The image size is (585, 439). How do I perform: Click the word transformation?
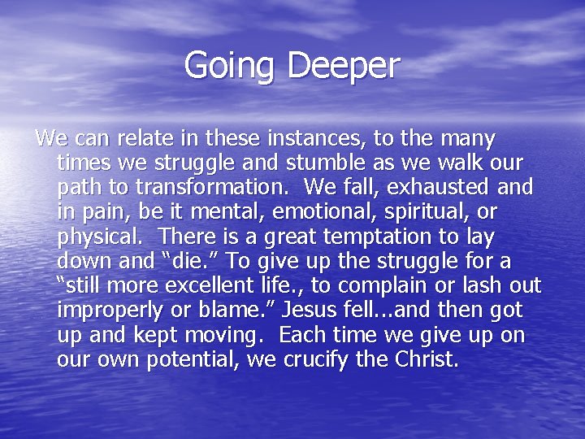pyautogui.click(x=212, y=187)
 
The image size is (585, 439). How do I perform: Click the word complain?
pyautogui.click(x=388, y=286)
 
